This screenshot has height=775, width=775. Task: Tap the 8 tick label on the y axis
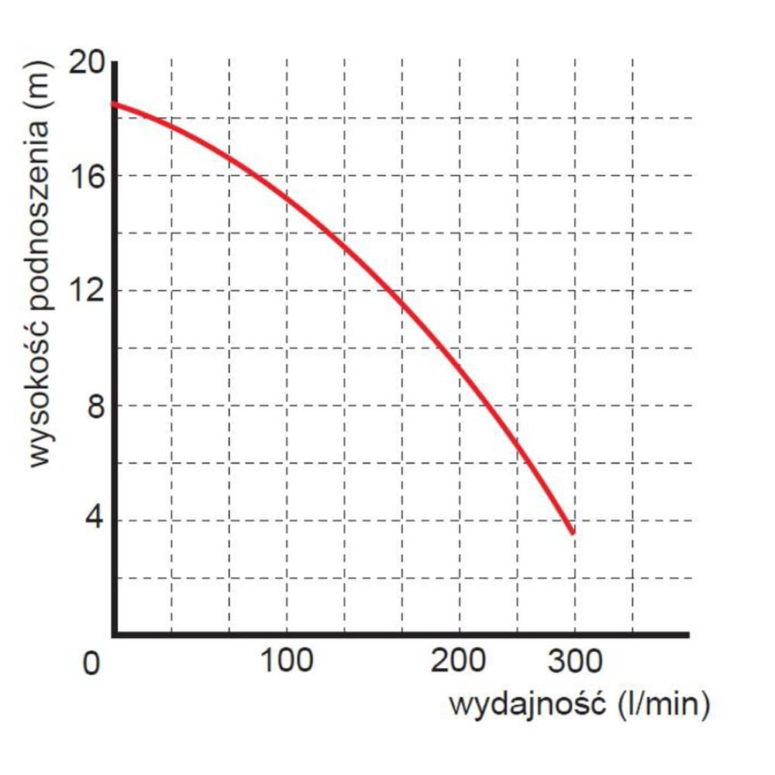pyautogui.click(x=95, y=406)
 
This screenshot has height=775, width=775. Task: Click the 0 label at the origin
pyautogui.click(x=91, y=665)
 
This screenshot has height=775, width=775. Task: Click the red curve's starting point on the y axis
pyautogui.click(x=114, y=103)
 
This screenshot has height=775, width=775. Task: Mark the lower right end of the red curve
pyautogui.click(x=573, y=532)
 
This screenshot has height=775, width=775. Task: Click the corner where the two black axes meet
pyautogui.click(x=114, y=635)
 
